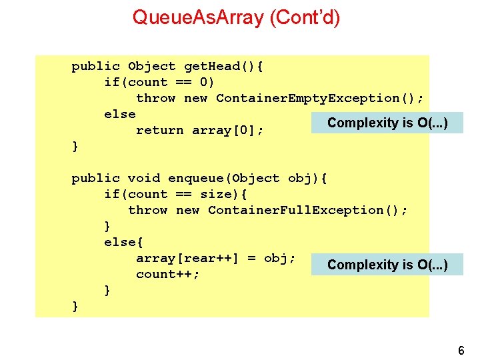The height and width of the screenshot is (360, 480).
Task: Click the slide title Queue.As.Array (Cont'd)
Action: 236,17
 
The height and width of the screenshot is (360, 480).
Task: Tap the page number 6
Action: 461,351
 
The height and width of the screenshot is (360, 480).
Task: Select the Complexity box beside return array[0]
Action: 387,123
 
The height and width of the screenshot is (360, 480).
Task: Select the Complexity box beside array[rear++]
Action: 387,265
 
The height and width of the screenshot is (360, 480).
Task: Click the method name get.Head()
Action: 221,66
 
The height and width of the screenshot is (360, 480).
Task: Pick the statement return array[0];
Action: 199,130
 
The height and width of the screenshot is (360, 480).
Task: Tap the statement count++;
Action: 167,274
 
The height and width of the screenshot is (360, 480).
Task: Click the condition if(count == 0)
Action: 159,82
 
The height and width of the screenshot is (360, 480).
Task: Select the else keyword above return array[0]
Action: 120,114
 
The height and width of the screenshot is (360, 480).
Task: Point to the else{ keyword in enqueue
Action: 120,242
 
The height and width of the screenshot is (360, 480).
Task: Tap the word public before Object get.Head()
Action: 95,66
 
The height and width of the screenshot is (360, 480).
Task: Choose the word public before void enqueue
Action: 95,178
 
